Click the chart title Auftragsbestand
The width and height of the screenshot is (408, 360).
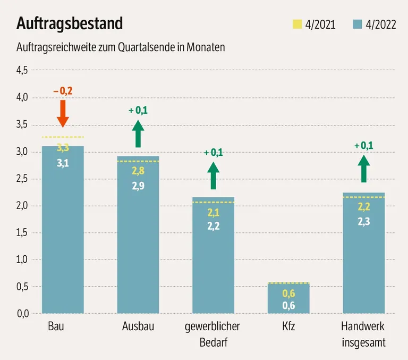click(70, 23)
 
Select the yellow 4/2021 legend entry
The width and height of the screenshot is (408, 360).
click(314, 24)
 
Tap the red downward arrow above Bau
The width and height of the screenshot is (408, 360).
click(63, 113)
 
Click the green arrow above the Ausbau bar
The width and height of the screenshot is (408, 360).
click(138, 133)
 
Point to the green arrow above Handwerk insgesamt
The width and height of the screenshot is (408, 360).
click(363, 169)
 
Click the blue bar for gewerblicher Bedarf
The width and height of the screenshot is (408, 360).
click(213, 255)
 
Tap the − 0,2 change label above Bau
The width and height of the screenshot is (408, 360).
click(63, 91)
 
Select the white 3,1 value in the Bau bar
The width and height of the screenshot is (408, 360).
click(63, 163)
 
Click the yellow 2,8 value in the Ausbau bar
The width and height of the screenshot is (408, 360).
click(138, 171)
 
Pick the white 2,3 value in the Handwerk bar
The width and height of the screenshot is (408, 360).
click(363, 222)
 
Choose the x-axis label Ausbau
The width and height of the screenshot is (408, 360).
click(138, 326)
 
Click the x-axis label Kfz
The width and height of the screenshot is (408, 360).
click(288, 326)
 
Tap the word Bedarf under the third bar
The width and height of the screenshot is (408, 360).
click(213, 342)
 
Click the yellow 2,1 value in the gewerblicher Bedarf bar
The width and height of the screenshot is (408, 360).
click(213, 213)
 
